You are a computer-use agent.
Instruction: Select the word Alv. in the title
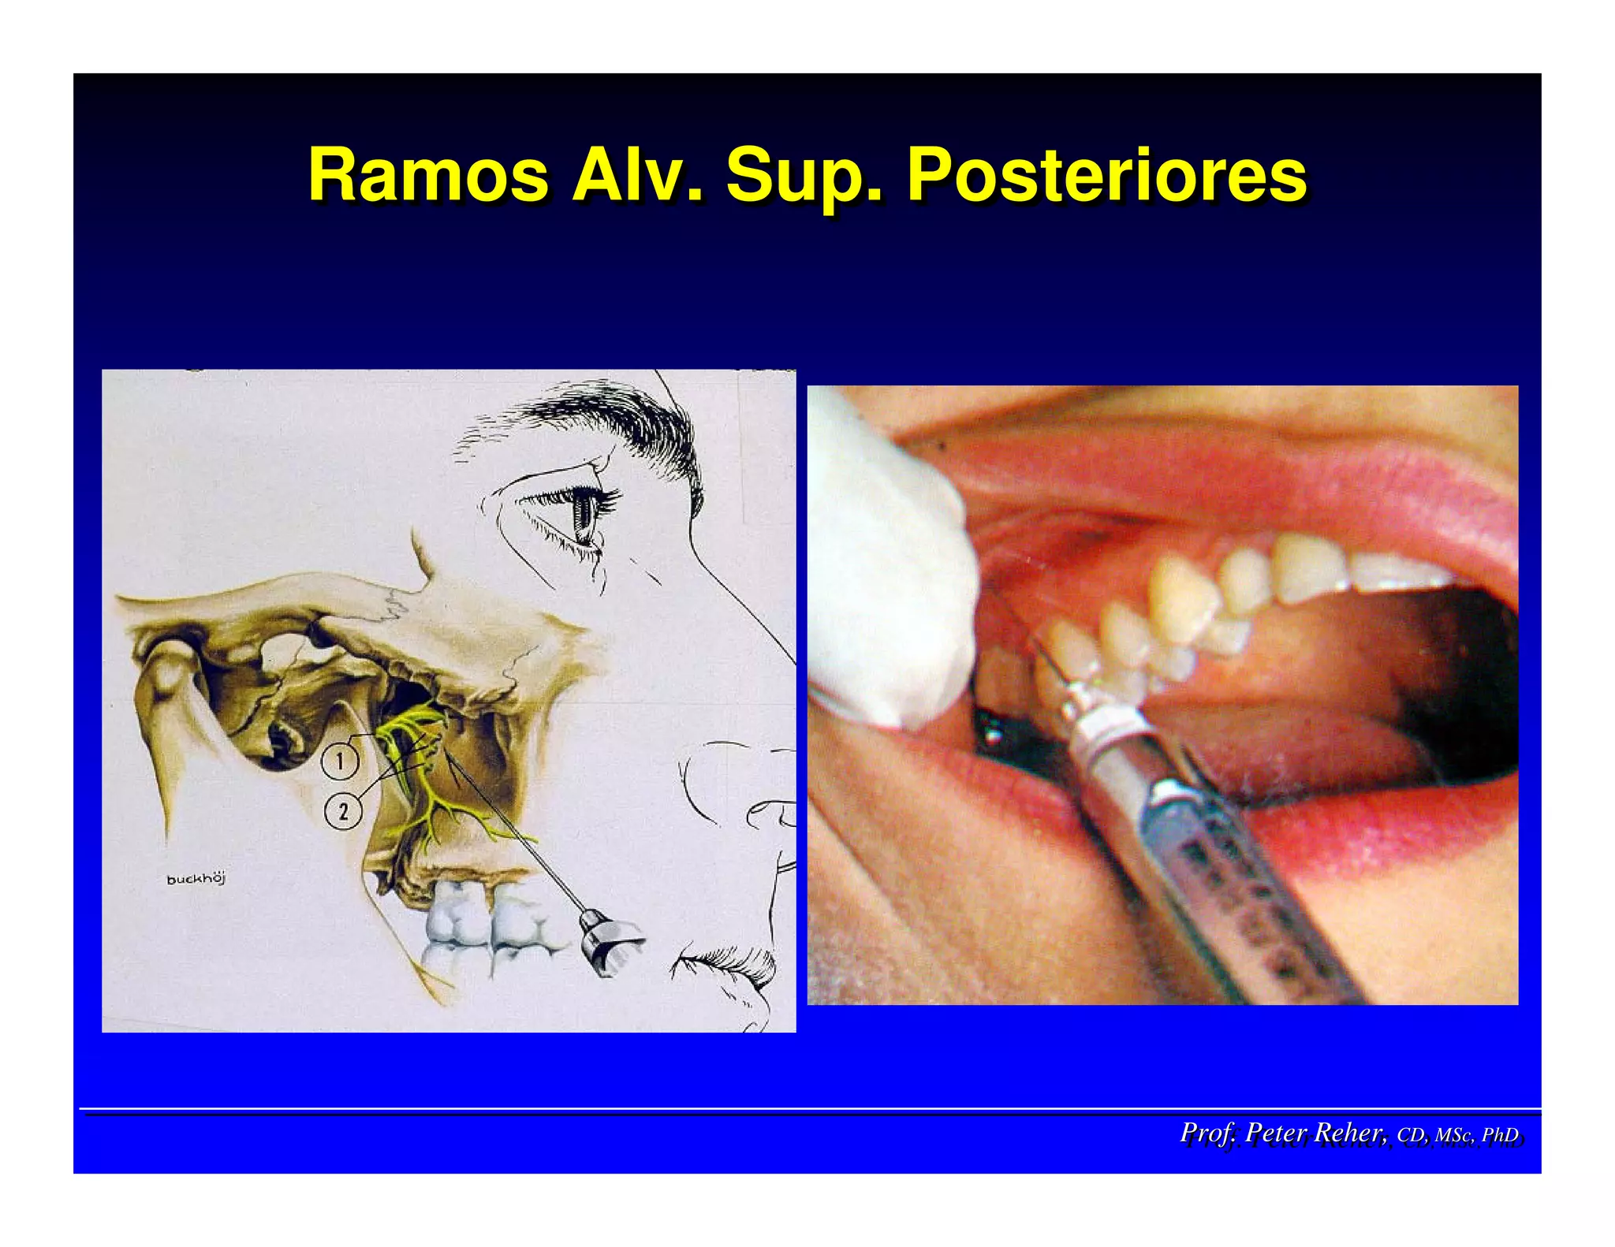[637, 175]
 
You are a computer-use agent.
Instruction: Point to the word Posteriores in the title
[1106, 175]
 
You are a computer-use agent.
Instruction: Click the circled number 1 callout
[340, 761]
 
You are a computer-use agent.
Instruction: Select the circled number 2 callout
[343, 811]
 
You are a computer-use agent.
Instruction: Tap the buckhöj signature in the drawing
[196, 879]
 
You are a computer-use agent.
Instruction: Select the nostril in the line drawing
[769, 812]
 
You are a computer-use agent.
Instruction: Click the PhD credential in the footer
[1499, 1135]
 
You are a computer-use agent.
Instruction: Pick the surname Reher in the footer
[1350, 1133]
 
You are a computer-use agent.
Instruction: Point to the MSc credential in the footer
[1453, 1135]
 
